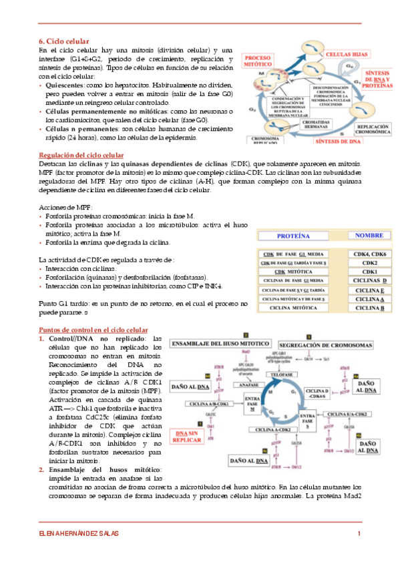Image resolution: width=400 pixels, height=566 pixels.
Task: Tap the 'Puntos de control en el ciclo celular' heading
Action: click(93, 330)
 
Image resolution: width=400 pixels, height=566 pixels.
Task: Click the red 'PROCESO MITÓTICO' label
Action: click(262, 63)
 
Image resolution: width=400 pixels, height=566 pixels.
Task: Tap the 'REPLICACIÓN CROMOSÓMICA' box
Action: click(366, 127)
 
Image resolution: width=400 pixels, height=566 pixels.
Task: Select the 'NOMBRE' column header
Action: click(369, 236)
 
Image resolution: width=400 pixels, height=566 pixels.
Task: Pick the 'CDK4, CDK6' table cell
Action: click(369, 254)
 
